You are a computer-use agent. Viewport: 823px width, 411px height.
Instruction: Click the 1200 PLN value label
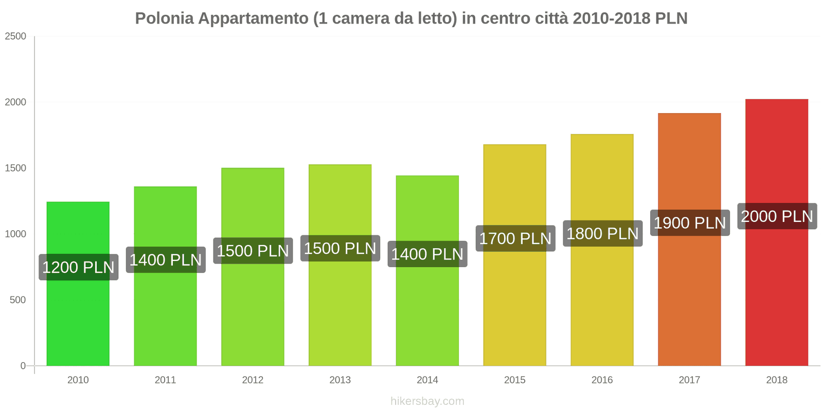78,267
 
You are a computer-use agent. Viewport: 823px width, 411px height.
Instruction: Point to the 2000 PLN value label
777,216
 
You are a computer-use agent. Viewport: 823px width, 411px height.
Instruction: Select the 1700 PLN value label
515,238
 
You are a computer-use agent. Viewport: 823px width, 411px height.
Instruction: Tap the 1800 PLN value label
602,234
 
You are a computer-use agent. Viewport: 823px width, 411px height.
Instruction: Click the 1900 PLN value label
689,223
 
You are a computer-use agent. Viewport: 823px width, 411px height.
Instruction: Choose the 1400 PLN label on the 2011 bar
165,260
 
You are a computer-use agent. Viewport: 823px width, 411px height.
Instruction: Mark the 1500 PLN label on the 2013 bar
340,249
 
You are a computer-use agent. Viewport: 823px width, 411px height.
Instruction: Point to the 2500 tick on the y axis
15,36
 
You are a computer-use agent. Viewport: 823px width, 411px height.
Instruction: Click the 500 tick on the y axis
17,300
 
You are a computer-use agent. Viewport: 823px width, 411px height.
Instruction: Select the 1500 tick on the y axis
15,169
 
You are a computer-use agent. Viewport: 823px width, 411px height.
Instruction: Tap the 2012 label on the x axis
253,380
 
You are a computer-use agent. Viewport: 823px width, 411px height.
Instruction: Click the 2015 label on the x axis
514,380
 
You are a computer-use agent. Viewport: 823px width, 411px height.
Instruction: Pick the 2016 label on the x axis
602,380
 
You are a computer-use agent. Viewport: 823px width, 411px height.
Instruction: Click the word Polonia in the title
164,18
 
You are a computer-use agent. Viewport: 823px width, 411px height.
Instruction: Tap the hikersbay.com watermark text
427,401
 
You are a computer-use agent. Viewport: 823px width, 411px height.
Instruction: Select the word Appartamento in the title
253,18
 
